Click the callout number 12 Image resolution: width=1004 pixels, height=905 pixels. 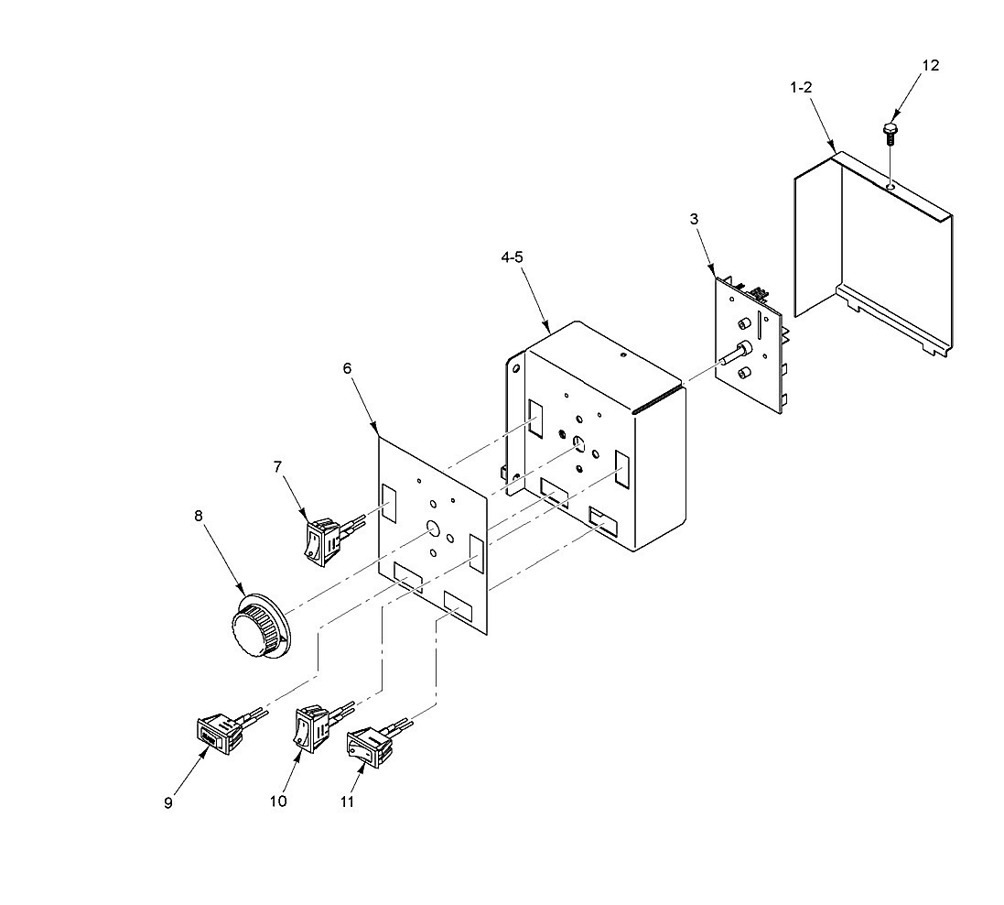pyautogui.click(x=931, y=65)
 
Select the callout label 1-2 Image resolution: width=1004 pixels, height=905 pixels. pyautogui.click(x=801, y=87)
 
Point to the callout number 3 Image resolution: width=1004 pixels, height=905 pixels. pyautogui.click(x=694, y=219)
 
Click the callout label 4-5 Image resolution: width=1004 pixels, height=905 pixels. pyautogui.click(x=512, y=257)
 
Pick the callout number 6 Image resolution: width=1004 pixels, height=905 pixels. pyautogui.click(x=347, y=368)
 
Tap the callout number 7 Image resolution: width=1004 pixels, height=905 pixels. pyautogui.click(x=277, y=467)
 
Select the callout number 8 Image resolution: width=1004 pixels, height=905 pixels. pyautogui.click(x=198, y=516)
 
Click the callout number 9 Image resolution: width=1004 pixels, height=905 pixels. pyautogui.click(x=168, y=803)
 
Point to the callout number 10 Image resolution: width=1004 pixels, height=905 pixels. pyautogui.click(x=278, y=801)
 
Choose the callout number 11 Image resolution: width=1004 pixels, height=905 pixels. pyautogui.click(x=347, y=801)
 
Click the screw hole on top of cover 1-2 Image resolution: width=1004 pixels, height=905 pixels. pyautogui.click(x=891, y=186)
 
